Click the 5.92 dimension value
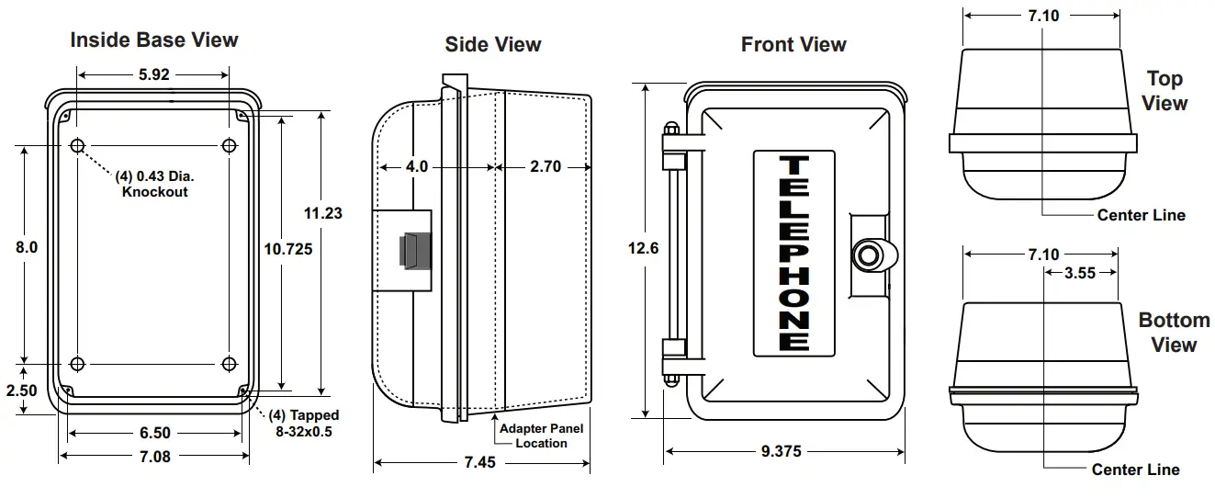(154, 75)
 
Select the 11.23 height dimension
(322, 212)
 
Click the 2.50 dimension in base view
(22, 390)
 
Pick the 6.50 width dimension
(154, 433)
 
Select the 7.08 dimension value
(154, 457)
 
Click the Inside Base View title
(154, 40)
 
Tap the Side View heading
(493, 44)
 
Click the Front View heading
(793, 44)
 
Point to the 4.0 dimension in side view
(417, 167)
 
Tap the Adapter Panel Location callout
(541, 436)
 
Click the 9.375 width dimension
(784, 451)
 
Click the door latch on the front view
(870, 255)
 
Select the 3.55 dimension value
(1080, 272)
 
